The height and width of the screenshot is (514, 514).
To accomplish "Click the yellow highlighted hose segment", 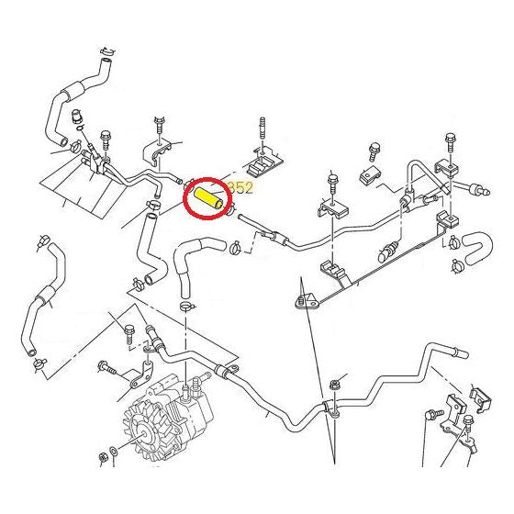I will point(207,196).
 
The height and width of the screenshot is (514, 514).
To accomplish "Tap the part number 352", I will point(240,187).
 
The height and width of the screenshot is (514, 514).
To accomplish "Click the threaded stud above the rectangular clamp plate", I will point(264,131).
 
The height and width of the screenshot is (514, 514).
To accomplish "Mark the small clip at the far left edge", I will point(41,243).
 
